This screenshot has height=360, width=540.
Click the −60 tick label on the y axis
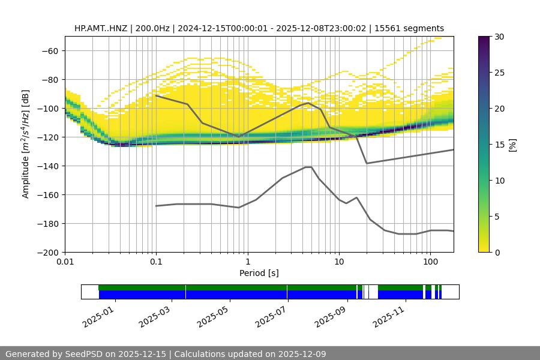(x=49, y=50)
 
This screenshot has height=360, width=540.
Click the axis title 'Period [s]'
(x=259, y=273)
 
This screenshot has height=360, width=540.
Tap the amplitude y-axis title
(x=26, y=144)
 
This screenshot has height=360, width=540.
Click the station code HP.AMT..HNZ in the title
(x=102, y=28)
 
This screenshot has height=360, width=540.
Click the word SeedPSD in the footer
(x=85, y=354)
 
